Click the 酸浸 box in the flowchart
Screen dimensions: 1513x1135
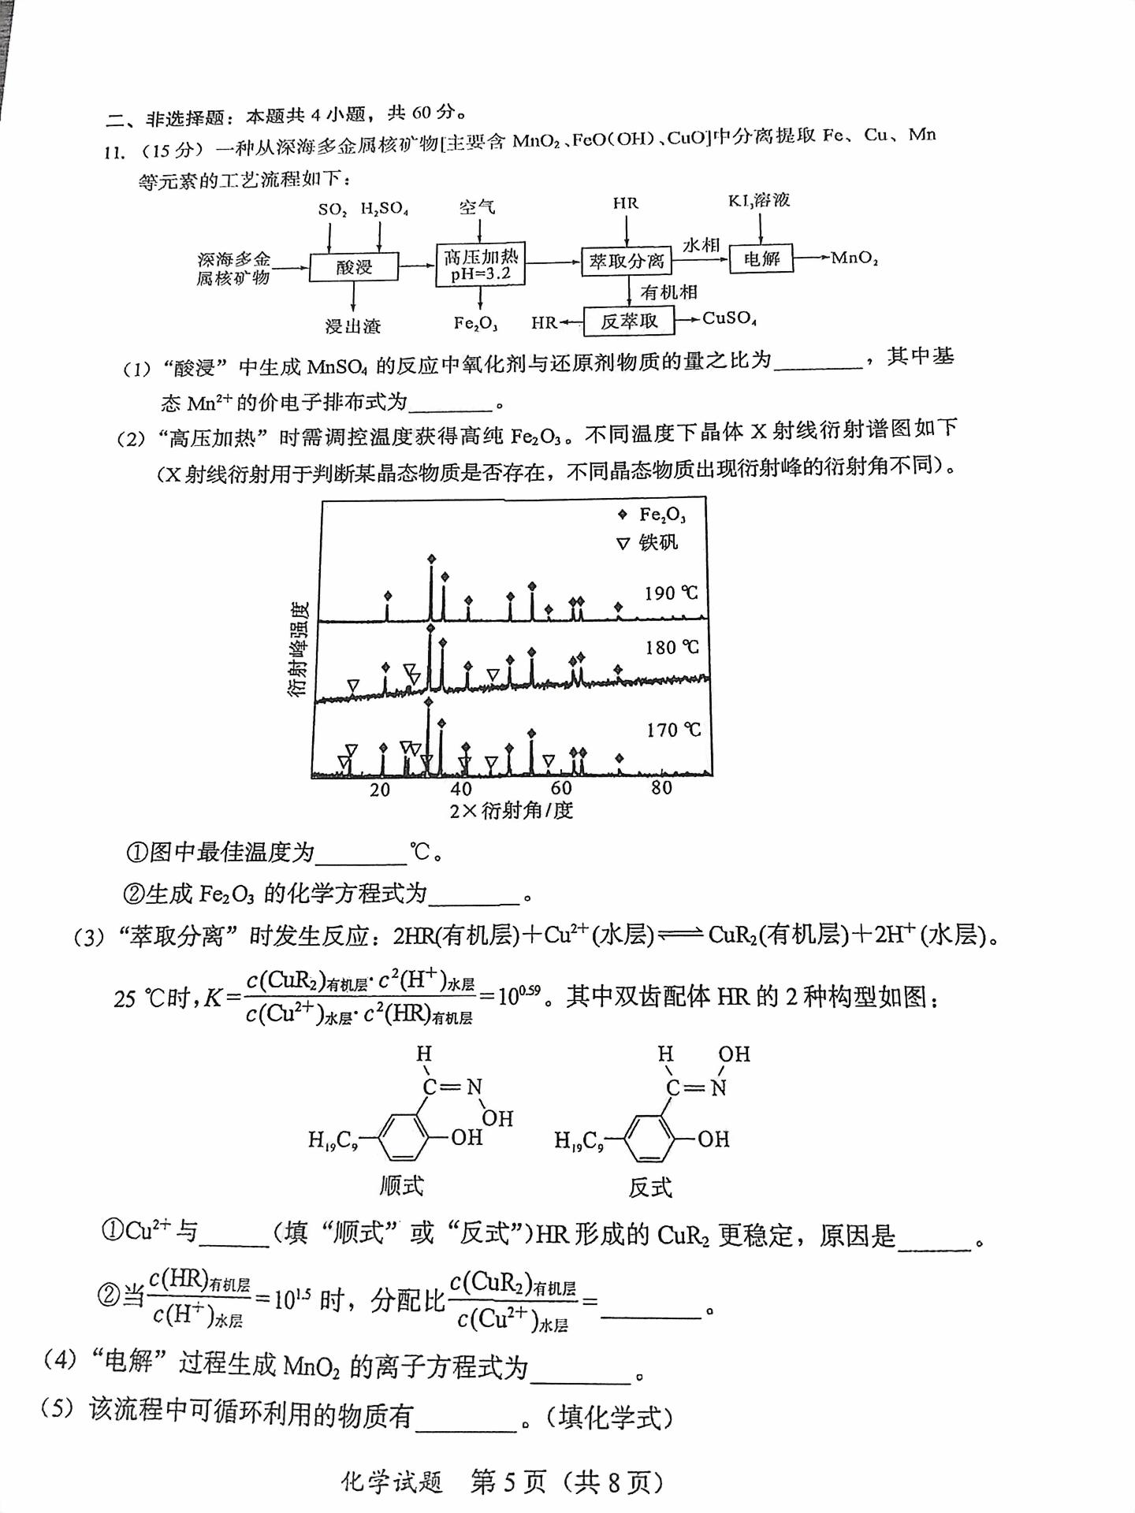354,267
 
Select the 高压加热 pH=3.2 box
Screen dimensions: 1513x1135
480,265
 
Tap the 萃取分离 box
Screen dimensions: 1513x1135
627,262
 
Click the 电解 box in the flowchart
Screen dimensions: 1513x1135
761,258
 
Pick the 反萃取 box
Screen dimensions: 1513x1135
628,322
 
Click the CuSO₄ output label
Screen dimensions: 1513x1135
729,318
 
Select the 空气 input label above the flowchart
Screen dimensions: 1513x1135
477,206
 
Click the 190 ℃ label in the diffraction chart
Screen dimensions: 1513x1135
671,593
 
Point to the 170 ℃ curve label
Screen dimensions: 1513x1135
673,730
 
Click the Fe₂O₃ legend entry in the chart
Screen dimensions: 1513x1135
653,515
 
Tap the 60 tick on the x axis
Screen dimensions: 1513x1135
561,788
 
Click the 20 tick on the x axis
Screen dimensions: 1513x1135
380,790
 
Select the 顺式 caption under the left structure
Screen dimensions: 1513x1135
401,1185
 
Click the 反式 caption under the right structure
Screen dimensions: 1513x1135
650,1188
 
